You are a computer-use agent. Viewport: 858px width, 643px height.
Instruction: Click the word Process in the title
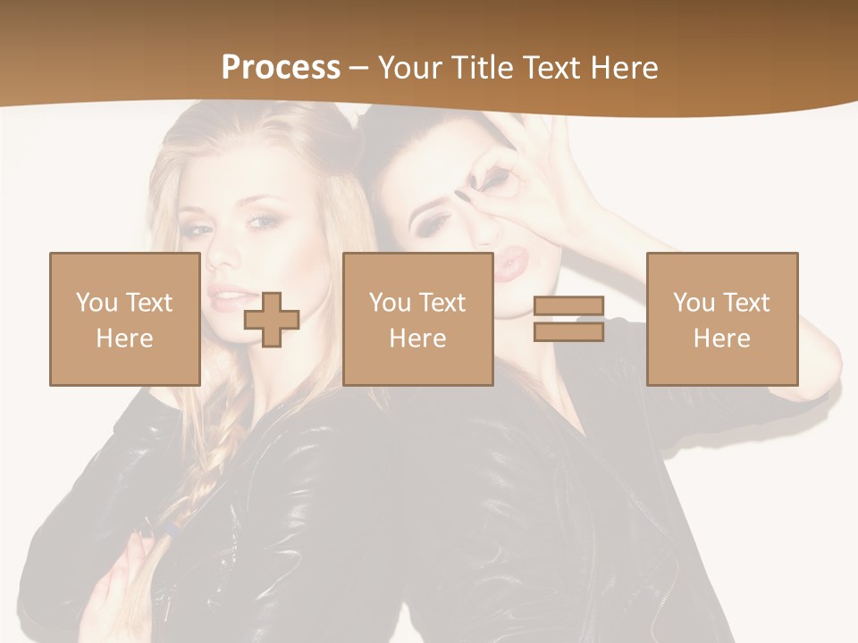pos(281,67)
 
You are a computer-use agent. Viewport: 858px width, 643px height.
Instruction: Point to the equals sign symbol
pos(568,319)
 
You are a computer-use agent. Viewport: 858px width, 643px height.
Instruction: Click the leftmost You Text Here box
pos(124,319)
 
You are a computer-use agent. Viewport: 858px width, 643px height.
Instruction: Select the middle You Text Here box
pos(417,319)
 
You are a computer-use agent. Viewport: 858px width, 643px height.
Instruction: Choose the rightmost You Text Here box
pos(721,319)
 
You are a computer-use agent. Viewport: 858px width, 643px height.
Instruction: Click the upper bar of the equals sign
pos(568,306)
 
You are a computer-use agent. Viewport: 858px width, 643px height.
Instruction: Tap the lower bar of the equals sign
pos(568,331)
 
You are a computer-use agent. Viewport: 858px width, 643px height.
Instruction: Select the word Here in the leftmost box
pos(124,338)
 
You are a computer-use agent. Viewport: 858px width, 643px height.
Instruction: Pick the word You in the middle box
pos(390,303)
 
